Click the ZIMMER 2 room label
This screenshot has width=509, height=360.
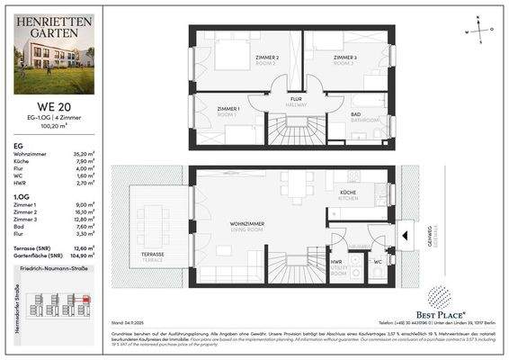pos(266,59)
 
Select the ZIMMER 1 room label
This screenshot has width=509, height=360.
pos(228,110)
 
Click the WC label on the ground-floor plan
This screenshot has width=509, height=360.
pos(377,263)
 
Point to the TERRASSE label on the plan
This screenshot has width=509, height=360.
pos(152,256)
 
